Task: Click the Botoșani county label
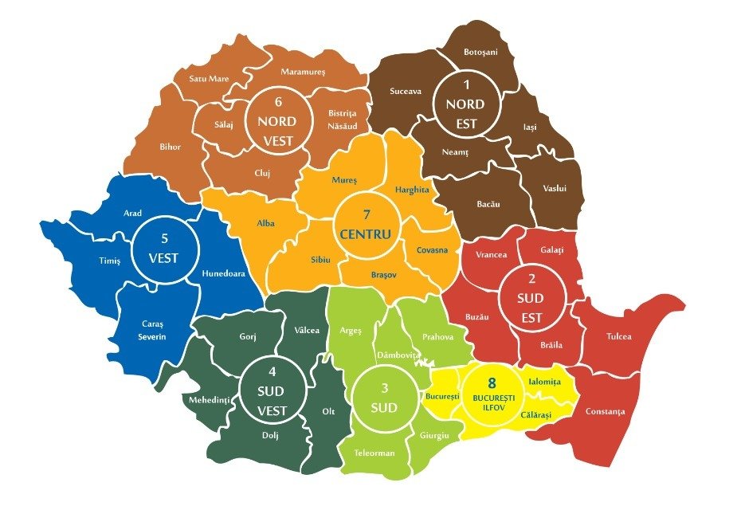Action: click(x=480, y=53)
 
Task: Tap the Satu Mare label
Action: click(x=208, y=79)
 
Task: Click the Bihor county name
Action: click(x=170, y=147)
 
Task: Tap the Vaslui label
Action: click(x=554, y=189)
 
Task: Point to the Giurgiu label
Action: click(x=433, y=435)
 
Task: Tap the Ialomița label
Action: click(x=545, y=382)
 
